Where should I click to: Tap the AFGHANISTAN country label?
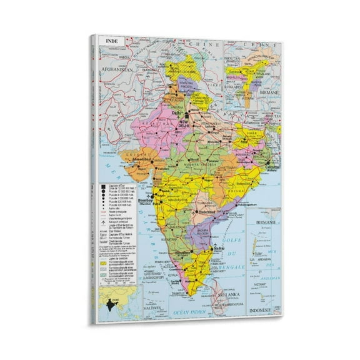[x=114, y=71]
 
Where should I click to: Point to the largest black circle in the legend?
[x=102, y=186]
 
